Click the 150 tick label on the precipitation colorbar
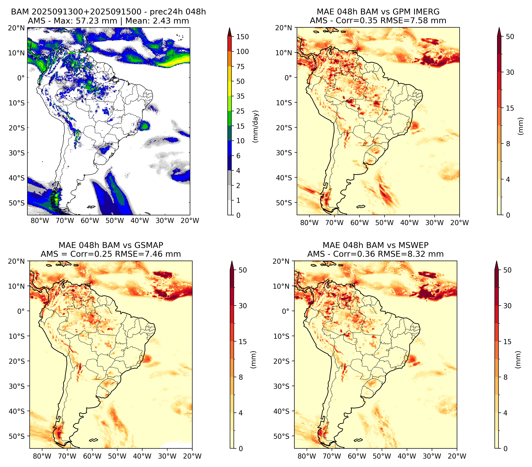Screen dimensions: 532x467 click(242, 37)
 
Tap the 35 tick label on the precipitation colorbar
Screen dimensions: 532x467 click(240, 96)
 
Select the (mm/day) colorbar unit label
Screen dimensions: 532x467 click(256, 126)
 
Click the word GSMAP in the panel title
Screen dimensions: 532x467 click(149, 245)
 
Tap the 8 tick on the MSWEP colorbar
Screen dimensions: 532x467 click(506, 377)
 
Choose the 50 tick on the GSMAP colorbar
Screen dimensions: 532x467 click(243, 270)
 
